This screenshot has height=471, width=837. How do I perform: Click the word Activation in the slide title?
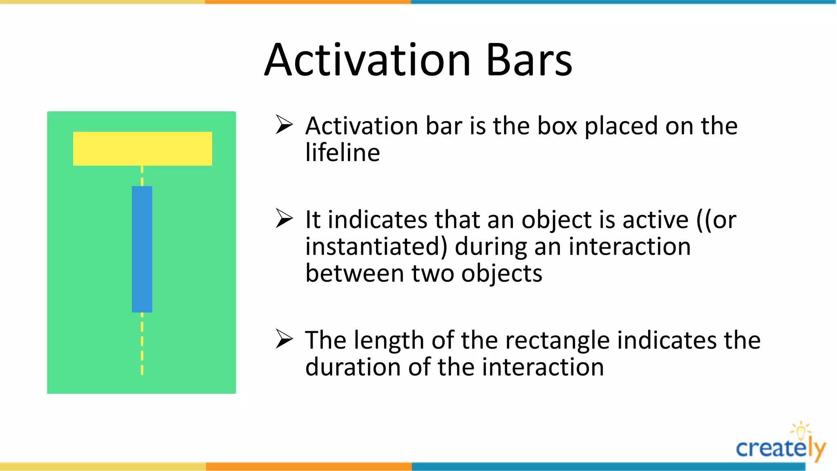pos(368,61)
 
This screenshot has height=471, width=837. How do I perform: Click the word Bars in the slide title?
pos(530,61)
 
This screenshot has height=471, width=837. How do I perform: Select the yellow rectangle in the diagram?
pos(142,148)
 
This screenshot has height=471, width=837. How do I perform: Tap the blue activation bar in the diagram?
pos(142,249)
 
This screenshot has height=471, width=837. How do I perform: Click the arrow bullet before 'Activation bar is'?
pos(284,124)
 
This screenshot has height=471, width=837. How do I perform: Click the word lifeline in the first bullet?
pos(342,153)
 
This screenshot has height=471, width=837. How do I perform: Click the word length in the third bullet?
pos(389,341)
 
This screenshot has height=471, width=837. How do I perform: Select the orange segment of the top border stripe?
pos(308,2)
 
